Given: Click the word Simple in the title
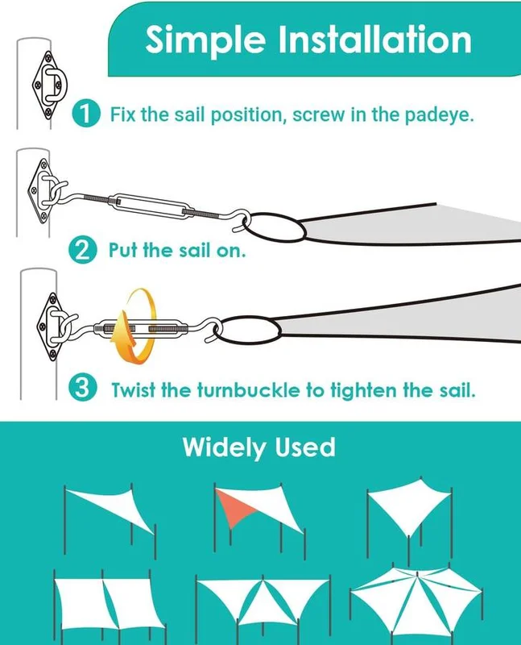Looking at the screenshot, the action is pyautogui.click(x=205, y=40).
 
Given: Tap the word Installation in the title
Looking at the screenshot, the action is pyautogui.click(x=374, y=40).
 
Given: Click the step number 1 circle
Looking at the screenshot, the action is pyautogui.click(x=86, y=114).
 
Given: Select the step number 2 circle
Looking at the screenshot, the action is pyautogui.click(x=83, y=250).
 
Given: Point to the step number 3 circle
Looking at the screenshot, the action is pyautogui.click(x=83, y=389).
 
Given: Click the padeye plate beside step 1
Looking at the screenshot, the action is pyautogui.click(x=49, y=85).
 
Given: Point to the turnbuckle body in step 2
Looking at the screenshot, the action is pyautogui.click(x=153, y=206).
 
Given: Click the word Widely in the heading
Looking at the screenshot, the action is pyautogui.click(x=224, y=447).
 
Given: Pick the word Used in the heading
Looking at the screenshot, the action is pyautogui.click(x=305, y=447).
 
